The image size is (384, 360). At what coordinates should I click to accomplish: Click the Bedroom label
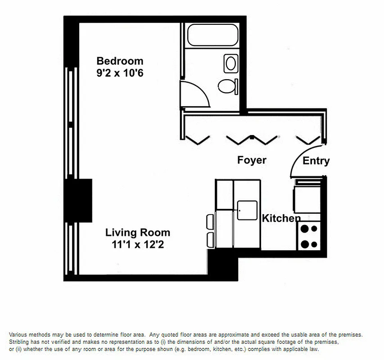click(120, 61)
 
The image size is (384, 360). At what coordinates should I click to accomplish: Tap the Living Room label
click(138, 233)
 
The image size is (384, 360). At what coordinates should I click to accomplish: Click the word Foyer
click(252, 160)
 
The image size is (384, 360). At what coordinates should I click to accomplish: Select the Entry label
click(316, 161)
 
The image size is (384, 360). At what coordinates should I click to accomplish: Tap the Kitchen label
click(281, 218)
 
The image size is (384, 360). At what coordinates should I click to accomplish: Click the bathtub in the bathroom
click(212, 35)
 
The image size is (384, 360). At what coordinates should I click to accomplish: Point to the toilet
click(227, 85)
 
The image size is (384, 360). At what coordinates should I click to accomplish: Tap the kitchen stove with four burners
click(309, 237)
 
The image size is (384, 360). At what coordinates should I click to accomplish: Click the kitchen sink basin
click(247, 210)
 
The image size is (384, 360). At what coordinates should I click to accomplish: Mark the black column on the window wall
click(79, 200)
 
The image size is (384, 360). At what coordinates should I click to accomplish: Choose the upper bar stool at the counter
click(210, 222)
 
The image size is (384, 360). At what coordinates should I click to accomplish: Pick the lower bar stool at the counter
click(210, 238)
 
